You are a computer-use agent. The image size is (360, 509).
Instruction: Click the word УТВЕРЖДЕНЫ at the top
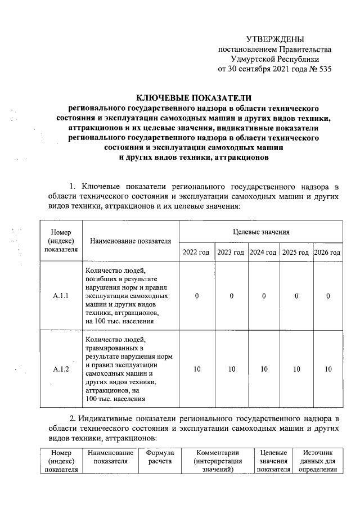tap(275, 39)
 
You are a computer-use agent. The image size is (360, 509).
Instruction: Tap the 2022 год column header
tap(196, 252)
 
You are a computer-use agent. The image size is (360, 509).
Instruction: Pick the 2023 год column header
tap(231, 252)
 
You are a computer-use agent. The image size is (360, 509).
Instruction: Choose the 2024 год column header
tap(263, 252)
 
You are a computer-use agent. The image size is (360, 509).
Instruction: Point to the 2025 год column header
tap(295, 252)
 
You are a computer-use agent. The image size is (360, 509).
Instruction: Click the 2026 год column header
tap(327, 252)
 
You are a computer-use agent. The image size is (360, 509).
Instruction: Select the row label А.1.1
tap(61, 296)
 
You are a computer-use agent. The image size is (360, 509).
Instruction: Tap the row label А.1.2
tap(61, 369)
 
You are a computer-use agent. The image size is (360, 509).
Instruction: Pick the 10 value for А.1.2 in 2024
tap(263, 369)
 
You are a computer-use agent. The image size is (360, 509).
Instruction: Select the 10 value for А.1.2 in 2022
tap(196, 369)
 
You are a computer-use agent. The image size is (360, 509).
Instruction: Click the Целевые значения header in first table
tap(261, 231)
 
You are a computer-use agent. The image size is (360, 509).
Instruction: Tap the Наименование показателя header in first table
tap(130, 241)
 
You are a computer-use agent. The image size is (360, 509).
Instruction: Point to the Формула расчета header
tap(160, 457)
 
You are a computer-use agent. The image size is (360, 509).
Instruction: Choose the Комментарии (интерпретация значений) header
tap(218, 461)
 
